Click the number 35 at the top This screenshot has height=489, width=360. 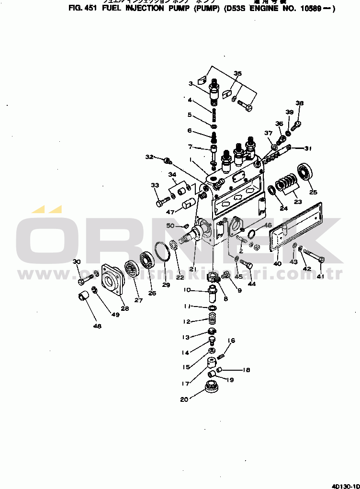pos(237,73)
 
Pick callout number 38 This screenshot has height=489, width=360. pos(300,103)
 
